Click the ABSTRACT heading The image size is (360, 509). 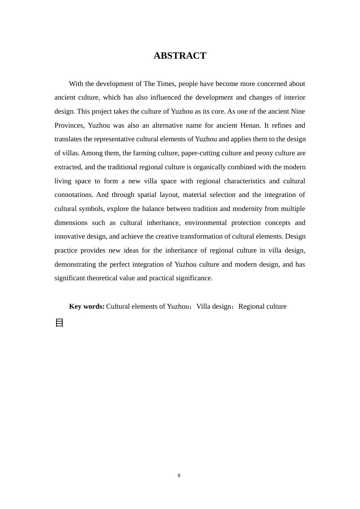coord(180,56)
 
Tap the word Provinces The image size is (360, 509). coord(69,125)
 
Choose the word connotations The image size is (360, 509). coord(74,195)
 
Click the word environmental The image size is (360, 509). coord(205,223)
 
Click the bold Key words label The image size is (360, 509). coord(87,306)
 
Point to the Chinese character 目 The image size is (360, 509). coord(59,323)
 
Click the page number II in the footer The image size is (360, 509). coord(179,476)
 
